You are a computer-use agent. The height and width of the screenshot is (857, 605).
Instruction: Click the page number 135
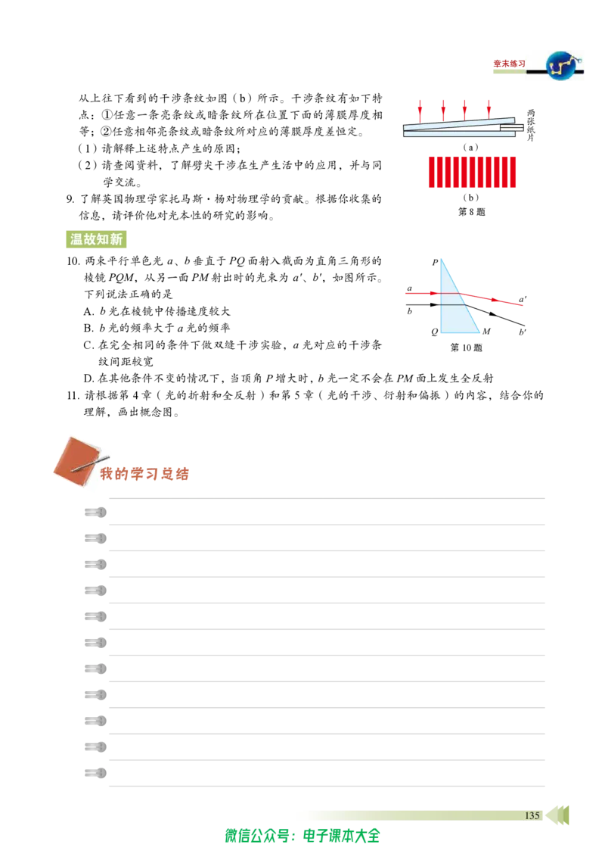532,815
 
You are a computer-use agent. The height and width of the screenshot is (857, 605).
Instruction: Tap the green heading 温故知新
96,239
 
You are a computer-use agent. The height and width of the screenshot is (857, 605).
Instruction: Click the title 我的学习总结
144,473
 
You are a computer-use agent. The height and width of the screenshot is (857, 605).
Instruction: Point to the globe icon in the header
564,66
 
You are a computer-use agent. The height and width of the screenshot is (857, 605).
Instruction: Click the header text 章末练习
510,64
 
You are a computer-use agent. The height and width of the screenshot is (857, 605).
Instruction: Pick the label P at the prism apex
435,263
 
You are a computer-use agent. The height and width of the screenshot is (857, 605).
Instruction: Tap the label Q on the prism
434,332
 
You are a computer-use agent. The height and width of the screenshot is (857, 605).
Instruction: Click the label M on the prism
486,331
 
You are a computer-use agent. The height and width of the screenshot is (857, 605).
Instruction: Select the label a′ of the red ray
523,299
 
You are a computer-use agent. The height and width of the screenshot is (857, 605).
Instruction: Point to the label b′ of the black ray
523,332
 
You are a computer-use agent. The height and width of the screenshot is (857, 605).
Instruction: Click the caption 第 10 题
467,347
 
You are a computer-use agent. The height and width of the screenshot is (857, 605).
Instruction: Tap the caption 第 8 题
472,211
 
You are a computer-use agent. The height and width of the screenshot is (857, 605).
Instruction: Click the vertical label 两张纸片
531,126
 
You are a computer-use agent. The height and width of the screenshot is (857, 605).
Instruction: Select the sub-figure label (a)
470,147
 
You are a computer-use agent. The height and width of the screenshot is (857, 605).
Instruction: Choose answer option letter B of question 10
88,328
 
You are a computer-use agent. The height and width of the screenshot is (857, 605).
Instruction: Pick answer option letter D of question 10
88,379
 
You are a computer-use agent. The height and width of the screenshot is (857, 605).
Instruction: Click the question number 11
73,395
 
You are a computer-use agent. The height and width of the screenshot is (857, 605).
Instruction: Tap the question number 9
70,199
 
